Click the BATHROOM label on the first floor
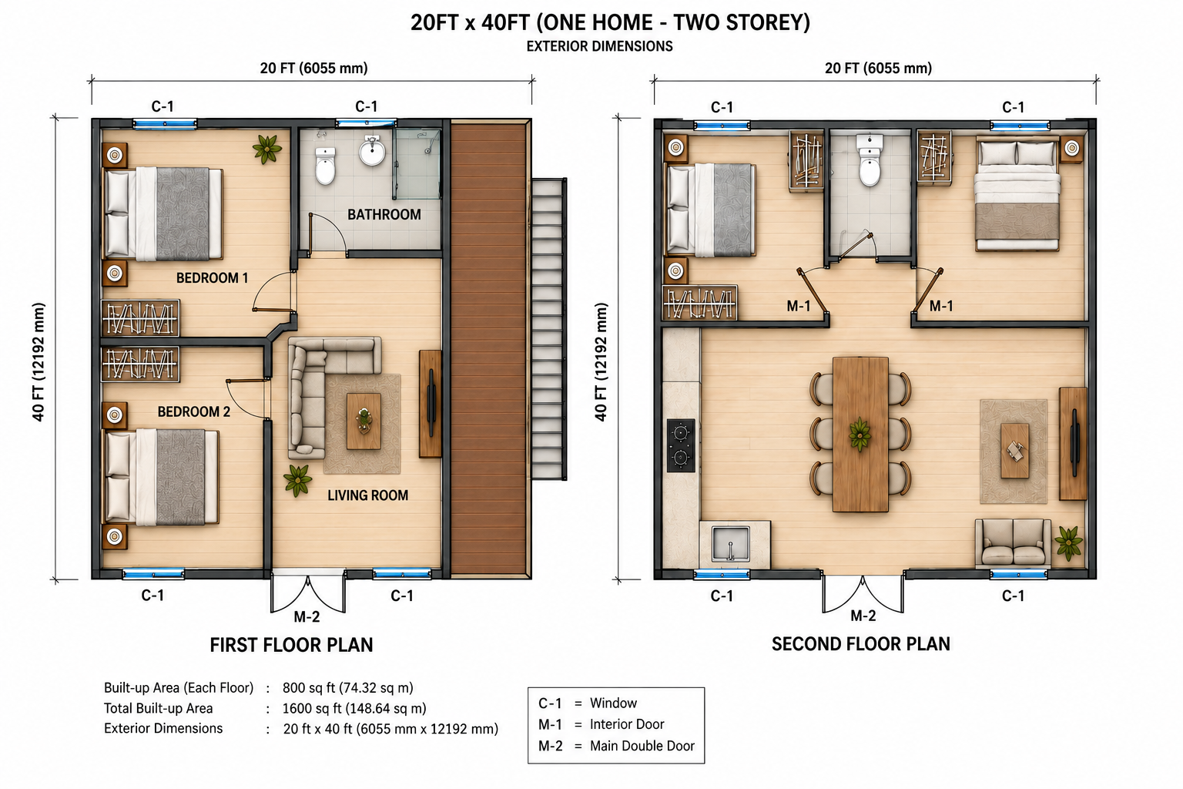coord(384,214)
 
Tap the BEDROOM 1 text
coord(212,278)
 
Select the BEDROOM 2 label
coord(194,411)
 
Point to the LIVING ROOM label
coord(367,495)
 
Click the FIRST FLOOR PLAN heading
coord(292,645)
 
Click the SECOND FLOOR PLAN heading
coord(861,643)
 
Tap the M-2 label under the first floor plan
coord(307,616)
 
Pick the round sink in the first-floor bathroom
coord(372,151)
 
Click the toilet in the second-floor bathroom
coord(870,160)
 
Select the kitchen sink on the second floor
coord(730,543)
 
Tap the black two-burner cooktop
coord(681,445)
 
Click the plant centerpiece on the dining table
coord(860,435)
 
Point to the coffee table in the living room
coord(364,421)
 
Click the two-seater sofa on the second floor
coord(1013,543)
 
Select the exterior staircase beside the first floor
coord(549,329)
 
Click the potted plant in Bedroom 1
coord(267,149)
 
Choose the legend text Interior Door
coord(627,724)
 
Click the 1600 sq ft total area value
coord(354,708)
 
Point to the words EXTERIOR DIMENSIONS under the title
coord(599,46)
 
